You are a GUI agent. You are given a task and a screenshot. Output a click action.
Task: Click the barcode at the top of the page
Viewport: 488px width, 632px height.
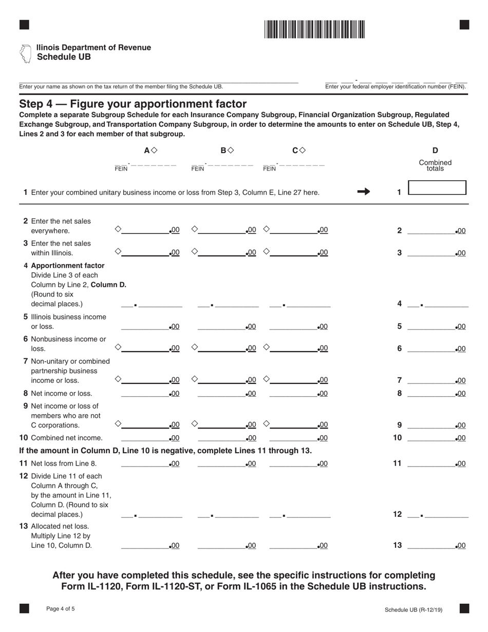click(x=314, y=29)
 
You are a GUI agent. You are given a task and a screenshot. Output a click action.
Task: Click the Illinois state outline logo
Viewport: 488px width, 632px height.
click(x=25, y=53)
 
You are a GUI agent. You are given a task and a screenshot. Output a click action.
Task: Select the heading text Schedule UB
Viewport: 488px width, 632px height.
click(x=64, y=57)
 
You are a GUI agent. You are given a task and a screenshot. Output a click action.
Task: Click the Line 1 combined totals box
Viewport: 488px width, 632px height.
click(x=437, y=188)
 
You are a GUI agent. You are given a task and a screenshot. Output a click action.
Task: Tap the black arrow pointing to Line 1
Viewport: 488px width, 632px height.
click(x=363, y=192)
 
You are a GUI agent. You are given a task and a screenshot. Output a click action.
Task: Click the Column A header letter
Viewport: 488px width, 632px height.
click(x=147, y=151)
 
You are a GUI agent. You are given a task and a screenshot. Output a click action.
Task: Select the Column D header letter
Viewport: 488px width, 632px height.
click(x=435, y=151)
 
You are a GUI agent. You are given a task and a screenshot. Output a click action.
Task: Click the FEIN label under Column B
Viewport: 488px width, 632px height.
click(x=198, y=168)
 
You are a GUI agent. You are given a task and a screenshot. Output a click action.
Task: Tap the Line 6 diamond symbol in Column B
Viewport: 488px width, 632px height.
click(x=194, y=347)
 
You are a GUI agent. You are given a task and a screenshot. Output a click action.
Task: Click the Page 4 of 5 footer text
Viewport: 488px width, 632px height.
click(x=60, y=609)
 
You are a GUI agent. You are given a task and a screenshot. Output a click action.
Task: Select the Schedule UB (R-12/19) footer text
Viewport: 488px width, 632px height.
click(x=413, y=610)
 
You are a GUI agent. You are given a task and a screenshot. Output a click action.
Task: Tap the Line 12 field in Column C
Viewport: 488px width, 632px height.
click(x=300, y=514)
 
